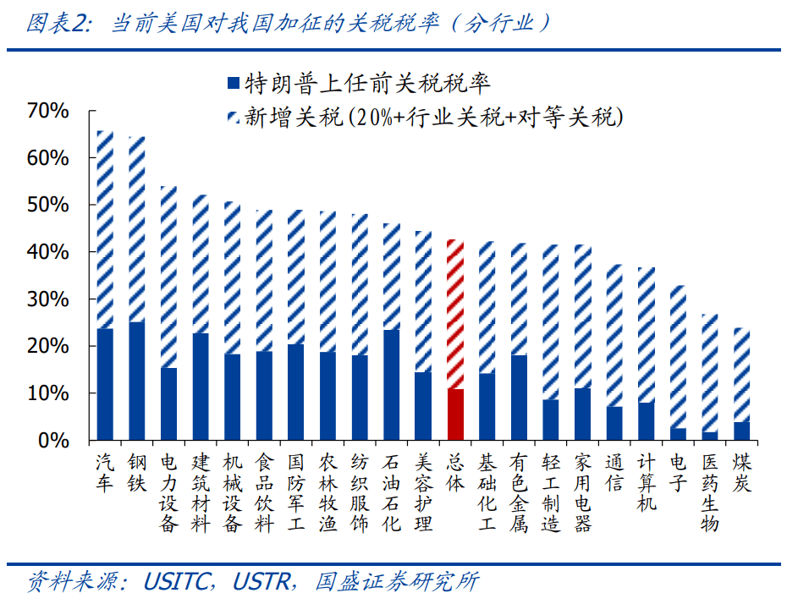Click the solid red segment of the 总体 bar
pos(455,415)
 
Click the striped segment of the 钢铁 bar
pos(137,229)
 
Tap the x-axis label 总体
pos(455,472)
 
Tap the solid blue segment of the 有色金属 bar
pos(519,398)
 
